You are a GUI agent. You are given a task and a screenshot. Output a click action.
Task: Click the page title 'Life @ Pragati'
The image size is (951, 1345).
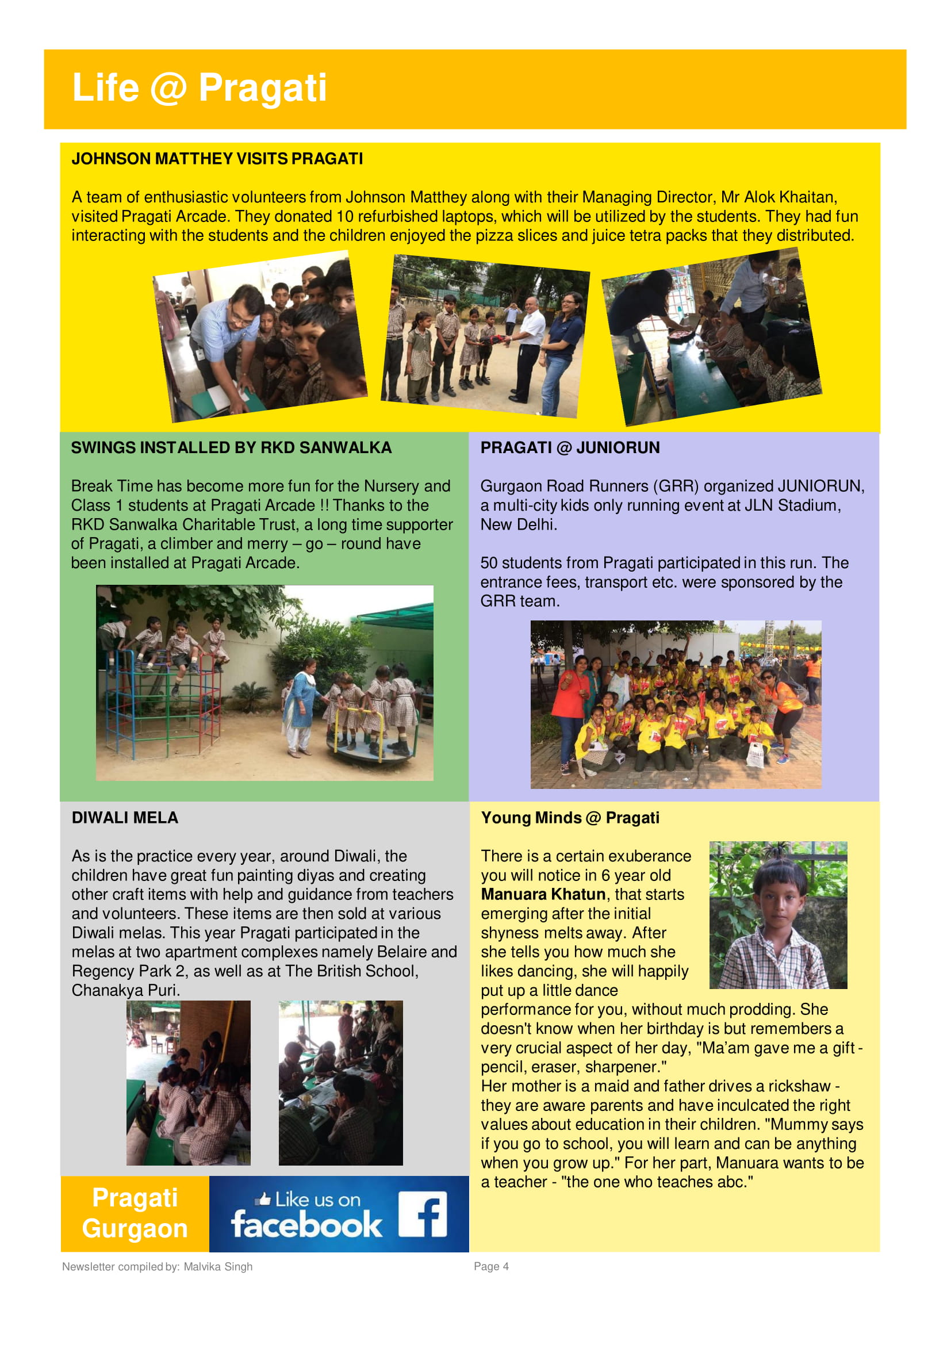point(199,88)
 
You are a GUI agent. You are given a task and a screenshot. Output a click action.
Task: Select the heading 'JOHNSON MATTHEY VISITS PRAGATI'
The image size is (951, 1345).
point(217,159)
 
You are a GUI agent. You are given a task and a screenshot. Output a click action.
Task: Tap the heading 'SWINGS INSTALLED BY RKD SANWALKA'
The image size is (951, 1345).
point(231,447)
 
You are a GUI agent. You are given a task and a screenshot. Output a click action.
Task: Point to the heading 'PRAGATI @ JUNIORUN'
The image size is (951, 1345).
point(570,447)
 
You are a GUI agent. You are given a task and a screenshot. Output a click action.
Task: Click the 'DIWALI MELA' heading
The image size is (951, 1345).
point(125,818)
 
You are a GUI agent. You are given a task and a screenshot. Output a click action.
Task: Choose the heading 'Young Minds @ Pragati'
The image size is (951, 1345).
point(570,818)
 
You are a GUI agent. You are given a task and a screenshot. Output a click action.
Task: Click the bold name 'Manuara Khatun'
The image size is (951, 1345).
point(543,895)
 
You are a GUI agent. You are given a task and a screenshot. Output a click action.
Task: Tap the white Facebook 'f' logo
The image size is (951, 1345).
point(422,1214)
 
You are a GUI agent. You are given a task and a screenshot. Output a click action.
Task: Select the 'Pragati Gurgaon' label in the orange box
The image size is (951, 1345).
point(135,1213)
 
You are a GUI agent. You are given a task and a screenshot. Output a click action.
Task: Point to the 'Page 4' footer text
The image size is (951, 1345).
point(490,1266)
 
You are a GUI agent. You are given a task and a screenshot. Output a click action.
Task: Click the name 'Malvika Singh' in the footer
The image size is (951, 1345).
point(218,1266)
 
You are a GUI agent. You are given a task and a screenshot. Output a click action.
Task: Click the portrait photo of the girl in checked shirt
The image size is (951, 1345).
point(778,915)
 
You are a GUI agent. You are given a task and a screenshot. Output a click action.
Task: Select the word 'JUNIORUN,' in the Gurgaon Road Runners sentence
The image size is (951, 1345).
point(820,486)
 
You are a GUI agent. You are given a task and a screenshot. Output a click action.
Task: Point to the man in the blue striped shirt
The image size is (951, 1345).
point(225,340)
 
